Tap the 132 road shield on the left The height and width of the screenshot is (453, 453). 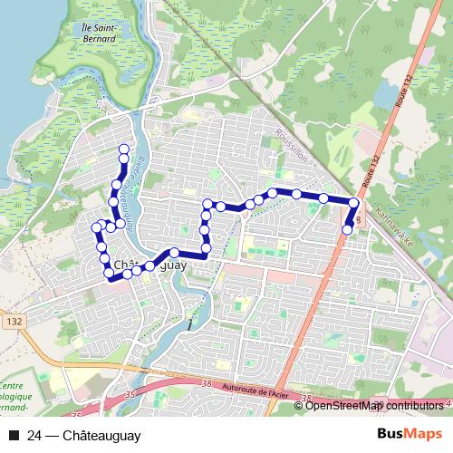[12, 321]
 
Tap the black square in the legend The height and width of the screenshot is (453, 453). [14, 436]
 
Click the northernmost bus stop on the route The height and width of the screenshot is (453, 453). [124, 148]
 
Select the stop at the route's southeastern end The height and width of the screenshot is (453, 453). [347, 229]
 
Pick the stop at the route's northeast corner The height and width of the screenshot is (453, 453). [354, 205]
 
